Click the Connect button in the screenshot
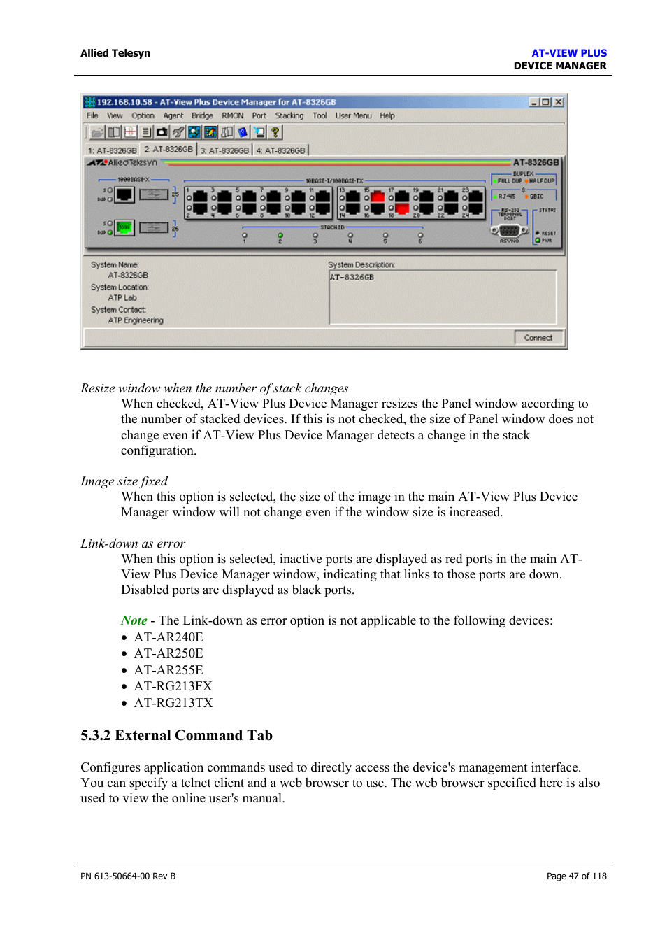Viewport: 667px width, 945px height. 538,338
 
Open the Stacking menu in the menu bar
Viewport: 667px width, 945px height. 289,116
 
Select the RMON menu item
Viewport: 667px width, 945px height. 232,116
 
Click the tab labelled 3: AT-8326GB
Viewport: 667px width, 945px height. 224,150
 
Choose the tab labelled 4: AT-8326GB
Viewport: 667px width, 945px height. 280,150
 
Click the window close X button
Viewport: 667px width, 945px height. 558,102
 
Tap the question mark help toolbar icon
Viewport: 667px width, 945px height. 275,132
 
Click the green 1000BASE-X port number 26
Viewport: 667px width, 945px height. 124,227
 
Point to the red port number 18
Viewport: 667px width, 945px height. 403,208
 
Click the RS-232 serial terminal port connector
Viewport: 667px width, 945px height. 509,230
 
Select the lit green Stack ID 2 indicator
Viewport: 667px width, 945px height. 280,236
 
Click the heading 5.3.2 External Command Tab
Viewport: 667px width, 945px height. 176,735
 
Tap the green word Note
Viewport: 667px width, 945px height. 134,620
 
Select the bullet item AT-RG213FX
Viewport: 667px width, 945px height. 173,686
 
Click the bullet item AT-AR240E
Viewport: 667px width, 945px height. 168,637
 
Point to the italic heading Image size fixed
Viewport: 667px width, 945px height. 124,481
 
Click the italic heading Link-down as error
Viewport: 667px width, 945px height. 133,543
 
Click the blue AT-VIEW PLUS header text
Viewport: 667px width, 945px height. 568,53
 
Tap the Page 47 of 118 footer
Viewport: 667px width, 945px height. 576,876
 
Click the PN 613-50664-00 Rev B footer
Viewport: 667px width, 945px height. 128,876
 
